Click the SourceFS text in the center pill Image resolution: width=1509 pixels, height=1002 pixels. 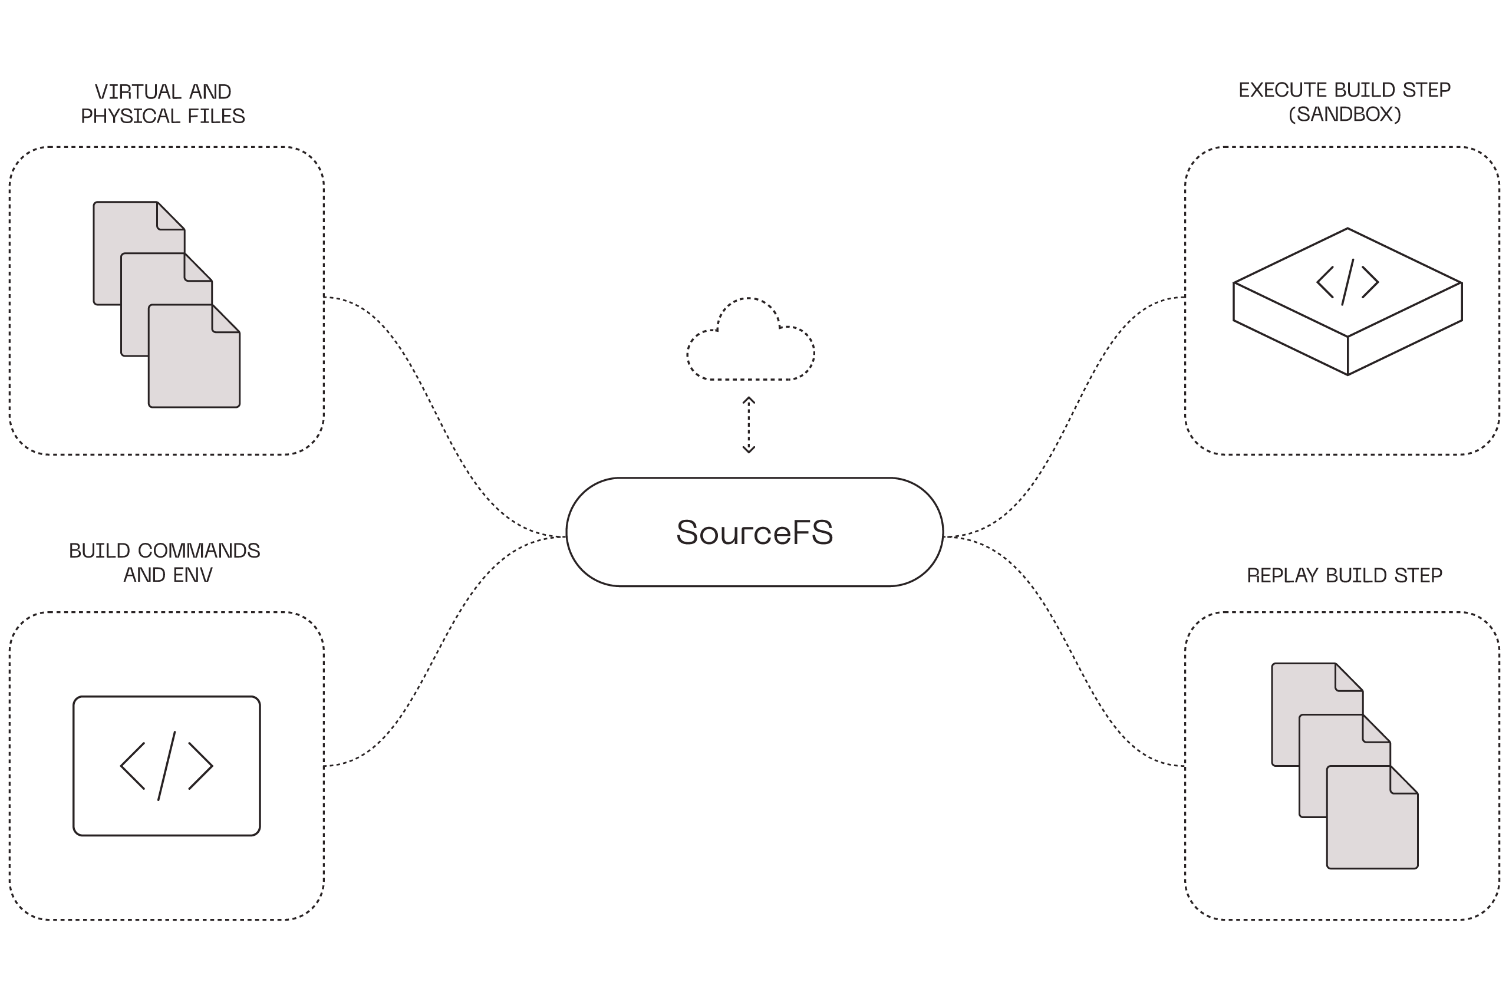tap(754, 532)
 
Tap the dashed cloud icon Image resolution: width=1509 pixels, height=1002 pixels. tap(750, 342)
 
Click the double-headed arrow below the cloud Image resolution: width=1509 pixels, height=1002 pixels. tap(749, 425)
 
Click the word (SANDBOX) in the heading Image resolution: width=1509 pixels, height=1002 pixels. tap(1344, 114)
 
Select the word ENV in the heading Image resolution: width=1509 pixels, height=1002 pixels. tap(191, 575)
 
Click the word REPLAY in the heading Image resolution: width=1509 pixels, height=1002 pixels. tap(1283, 576)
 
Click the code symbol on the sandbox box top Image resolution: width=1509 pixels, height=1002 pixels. tap(1347, 282)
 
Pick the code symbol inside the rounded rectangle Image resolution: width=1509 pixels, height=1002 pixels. tap(166, 766)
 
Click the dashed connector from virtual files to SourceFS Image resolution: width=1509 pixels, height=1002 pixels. tap(434, 409)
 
